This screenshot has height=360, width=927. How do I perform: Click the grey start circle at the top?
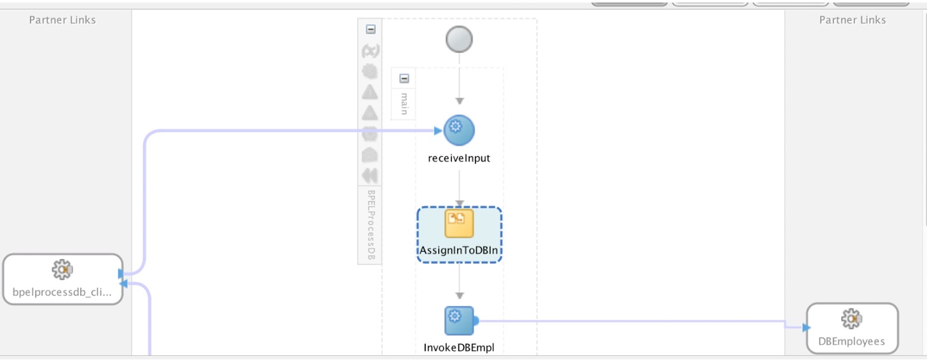pyautogui.click(x=459, y=40)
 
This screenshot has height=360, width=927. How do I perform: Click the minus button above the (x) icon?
pyautogui.click(x=371, y=29)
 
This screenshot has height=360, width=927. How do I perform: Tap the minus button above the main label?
pyautogui.click(x=404, y=79)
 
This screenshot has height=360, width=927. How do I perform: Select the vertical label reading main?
pyautogui.click(x=404, y=103)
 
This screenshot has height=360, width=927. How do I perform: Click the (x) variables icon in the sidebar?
pyautogui.click(x=370, y=51)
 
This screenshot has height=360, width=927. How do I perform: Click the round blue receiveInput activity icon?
pyautogui.click(x=459, y=130)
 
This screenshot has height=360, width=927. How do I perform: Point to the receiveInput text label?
pyautogui.click(x=459, y=158)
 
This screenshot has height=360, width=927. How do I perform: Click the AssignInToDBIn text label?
pyautogui.click(x=459, y=251)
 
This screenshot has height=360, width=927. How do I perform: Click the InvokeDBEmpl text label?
pyautogui.click(x=459, y=347)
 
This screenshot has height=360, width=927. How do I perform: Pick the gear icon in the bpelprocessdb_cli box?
pyautogui.click(x=62, y=270)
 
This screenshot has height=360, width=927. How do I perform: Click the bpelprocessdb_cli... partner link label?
pyautogui.click(x=62, y=292)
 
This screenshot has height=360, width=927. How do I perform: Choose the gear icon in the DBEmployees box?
pyautogui.click(x=851, y=318)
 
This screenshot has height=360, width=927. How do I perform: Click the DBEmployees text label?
pyautogui.click(x=851, y=341)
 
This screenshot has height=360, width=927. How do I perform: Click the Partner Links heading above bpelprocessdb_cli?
pyautogui.click(x=62, y=20)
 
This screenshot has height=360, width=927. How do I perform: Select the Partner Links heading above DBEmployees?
pyautogui.click(x=852, y=20)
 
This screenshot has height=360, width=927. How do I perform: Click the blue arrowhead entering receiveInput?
pyautogui.click(x=438, y=130)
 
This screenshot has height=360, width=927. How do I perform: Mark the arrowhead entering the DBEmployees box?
pyautogui.click(x=806, y=327)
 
